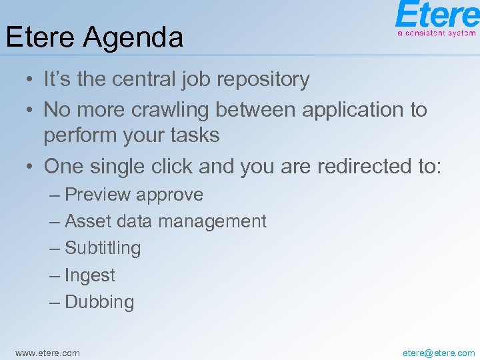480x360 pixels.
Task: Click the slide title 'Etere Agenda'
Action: [x=94, y=37]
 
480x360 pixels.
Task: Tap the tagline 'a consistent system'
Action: [x=436, y=33]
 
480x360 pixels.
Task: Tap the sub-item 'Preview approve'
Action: [x=133, y=195]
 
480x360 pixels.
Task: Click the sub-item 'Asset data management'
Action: [x=165, y=221]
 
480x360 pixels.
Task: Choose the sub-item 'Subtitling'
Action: [x=103, y=248]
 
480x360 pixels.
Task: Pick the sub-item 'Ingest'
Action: [x=90, y=275]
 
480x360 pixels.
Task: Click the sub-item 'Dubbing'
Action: [x=99, y=302]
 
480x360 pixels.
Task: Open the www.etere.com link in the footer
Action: [x=47, y=353]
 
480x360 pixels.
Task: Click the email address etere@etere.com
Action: [x=439, y=353]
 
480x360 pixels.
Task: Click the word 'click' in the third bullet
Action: [x=169, y=166]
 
